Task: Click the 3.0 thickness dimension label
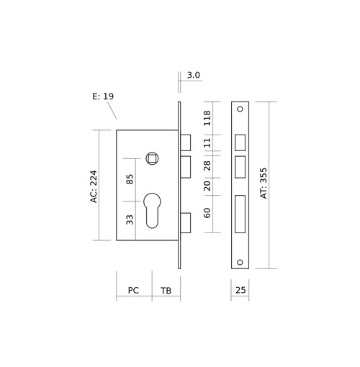(193, 75)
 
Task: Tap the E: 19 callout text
(103, 96)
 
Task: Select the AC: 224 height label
(94, 186)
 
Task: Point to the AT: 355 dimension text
(264, 183)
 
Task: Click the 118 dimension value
(207, 118)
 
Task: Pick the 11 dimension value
(207, 142)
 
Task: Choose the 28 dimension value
(207, 166)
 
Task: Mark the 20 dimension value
(207, 186)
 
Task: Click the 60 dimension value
(207, 213)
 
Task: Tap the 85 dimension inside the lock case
(130, 179)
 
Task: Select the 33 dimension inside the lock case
(130, 219)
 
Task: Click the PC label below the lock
(133, 291)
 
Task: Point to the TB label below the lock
(166, 291)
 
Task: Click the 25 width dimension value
(240, 290)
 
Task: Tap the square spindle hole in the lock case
(153, 158)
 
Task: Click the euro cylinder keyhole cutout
(152, 210)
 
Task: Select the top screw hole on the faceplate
(240, 109)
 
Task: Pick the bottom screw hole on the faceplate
(240, 262)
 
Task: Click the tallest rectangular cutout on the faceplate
(240, 214)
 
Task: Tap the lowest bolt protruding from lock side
(186, 223)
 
